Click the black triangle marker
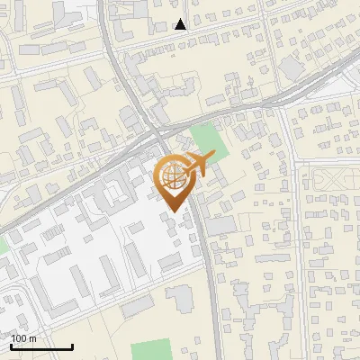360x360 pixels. click(x=181, y=24)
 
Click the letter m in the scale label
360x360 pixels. click(x=32, y=338)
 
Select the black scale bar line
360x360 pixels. click(x=41, y=347)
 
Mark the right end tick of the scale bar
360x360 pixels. click(x=73, y=346)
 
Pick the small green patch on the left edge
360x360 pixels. click(x=3, y=243)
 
